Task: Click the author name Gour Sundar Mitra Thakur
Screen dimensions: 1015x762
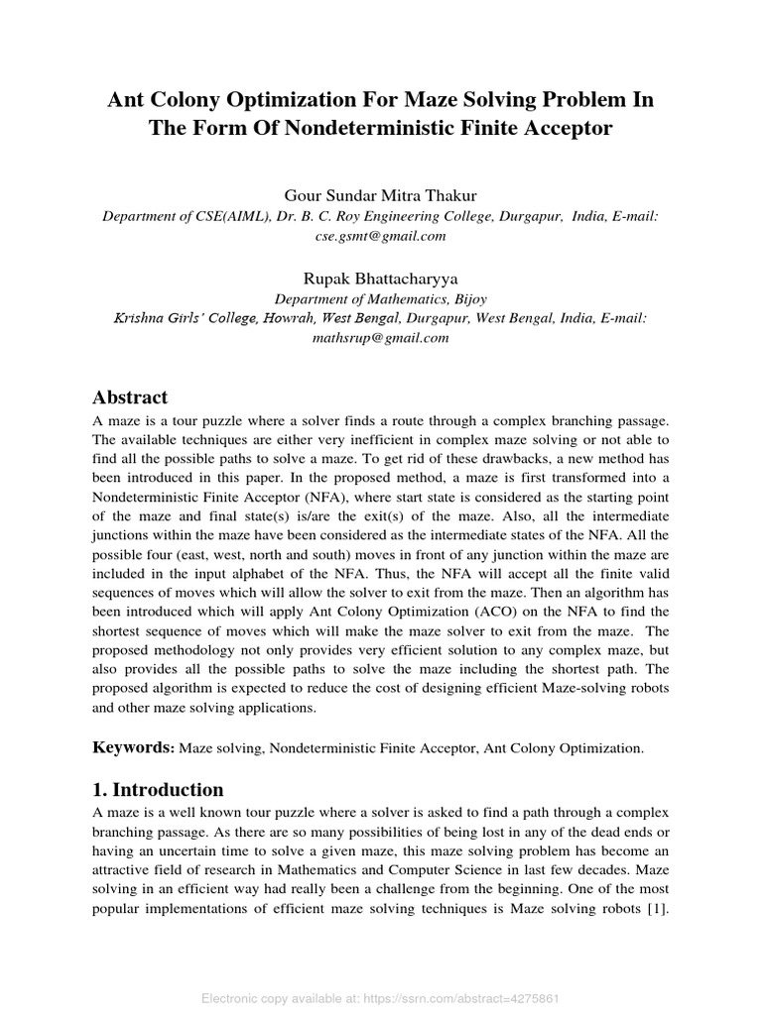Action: click(x=381, y=196)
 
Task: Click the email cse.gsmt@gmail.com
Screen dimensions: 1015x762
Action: click(x=381, y=236)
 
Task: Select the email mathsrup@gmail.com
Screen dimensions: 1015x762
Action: click(x=381, y=337)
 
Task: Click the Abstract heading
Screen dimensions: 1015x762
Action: click(x=130, y=397)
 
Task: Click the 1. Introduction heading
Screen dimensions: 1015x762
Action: click(x=158, y=790)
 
